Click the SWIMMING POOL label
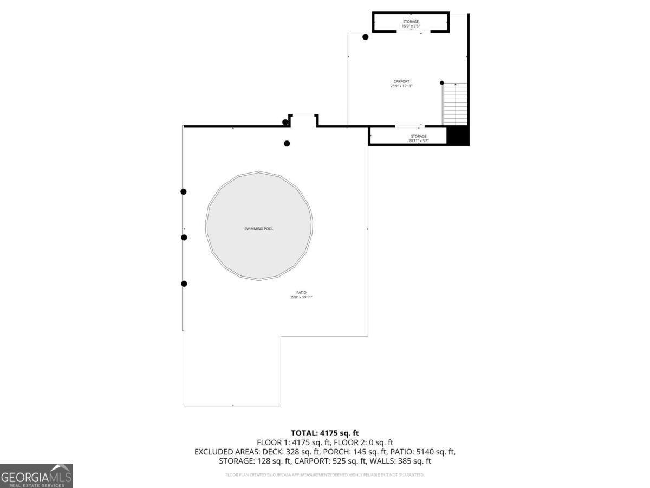pos(259,229)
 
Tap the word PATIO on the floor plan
pos(301,293)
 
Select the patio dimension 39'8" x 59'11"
pos(301,297)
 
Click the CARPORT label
pos(401,81)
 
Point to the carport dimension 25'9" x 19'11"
pos(401,86)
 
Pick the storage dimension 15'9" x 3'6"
pos(411,26)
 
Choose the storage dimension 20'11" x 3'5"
pos(418,141)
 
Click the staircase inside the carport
pos(455,104)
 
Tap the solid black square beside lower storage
pos(458,136)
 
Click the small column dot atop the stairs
pos(442,83)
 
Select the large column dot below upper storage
pos(366,37)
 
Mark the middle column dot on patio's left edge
pos(184,237)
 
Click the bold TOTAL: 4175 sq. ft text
pos(325,433)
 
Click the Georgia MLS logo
pos(36,476)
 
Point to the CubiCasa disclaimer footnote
pos(325,475)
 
